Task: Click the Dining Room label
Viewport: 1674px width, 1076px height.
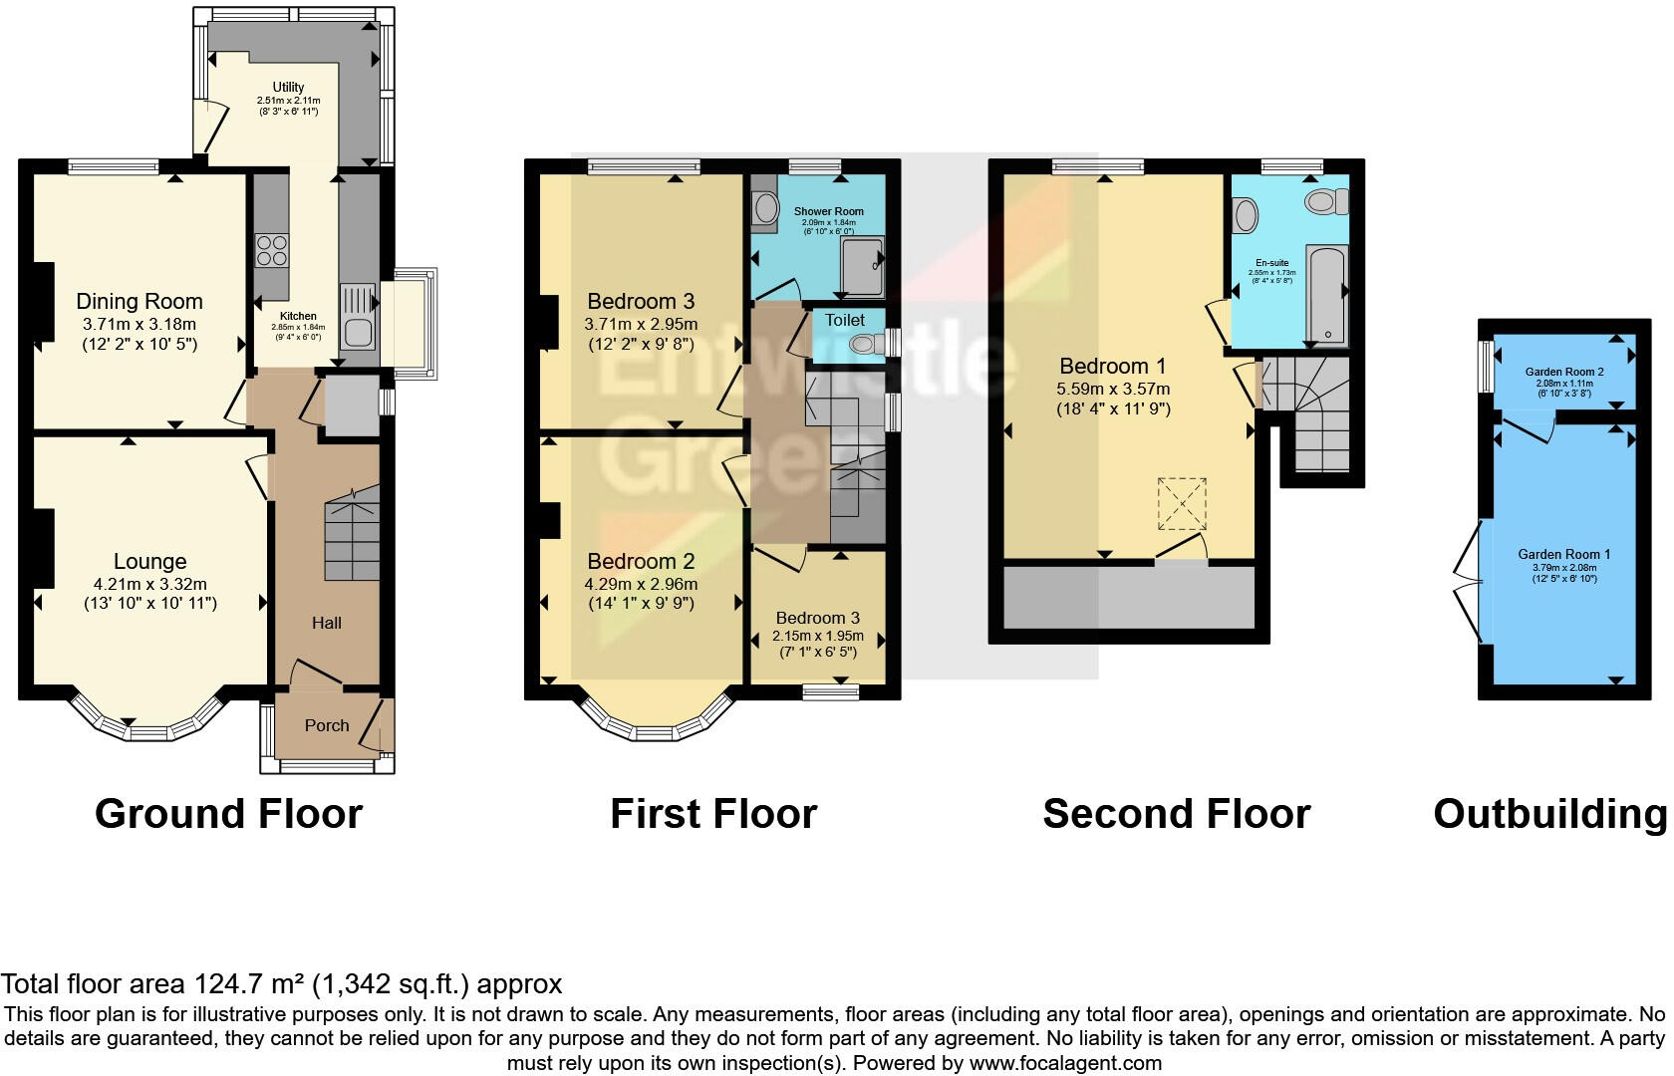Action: [139, 301]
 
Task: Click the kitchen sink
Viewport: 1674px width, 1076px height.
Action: [358, 316]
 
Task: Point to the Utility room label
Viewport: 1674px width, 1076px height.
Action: [288, 87]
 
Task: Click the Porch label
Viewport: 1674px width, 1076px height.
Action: [327, 725]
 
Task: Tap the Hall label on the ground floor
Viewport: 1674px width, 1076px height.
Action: [327, 623]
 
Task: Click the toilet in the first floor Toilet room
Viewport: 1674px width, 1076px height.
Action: [864, 345]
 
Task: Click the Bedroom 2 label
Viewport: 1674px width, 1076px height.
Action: [641, 561]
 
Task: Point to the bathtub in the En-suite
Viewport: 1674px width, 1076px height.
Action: [1326, 294]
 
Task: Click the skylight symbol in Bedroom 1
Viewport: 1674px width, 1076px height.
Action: [1182, 503]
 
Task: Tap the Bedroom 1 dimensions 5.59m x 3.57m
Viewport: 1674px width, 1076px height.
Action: [1113, 389]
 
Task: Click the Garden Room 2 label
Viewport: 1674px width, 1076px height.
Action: [1563, 373]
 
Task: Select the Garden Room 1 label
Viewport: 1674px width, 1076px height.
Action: [1563, 554]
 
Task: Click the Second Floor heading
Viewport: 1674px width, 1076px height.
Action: [1176, 814]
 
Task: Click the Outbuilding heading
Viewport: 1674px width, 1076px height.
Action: [1549, 814]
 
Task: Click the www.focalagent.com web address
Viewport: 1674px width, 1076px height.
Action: [1064, 1062]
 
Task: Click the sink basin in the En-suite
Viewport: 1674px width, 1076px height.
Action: [1246, 214]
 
